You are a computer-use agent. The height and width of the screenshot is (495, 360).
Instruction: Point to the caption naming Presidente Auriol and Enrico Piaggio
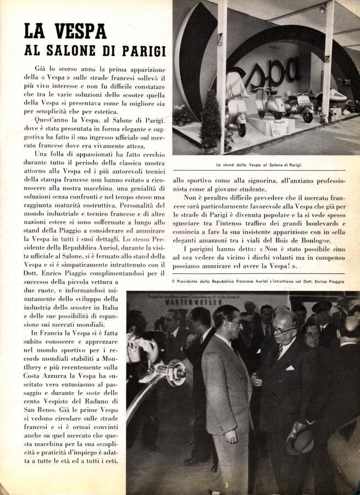pos(258,282)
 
